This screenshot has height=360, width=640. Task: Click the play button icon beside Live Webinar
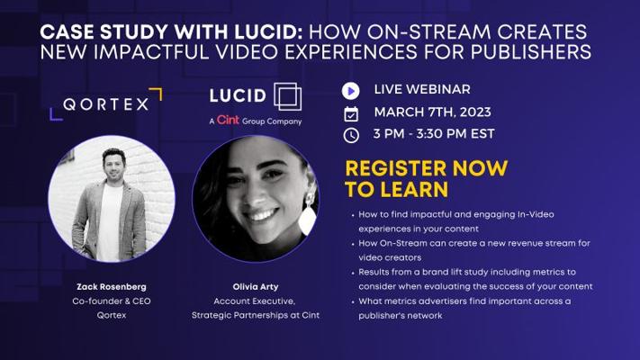pos(351,91)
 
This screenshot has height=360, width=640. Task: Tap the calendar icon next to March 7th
pos(351,114)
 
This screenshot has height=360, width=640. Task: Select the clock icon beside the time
pos(351,135)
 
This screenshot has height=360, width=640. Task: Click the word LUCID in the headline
pos(267,32)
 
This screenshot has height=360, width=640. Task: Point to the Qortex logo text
pos(106,104)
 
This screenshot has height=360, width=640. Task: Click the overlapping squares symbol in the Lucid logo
pos(288,96)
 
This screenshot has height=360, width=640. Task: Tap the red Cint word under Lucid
pos(228,120)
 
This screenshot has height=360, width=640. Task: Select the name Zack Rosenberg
pos(112,286)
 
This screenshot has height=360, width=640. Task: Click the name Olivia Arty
pos(256,287)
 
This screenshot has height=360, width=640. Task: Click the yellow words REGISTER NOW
pos(427,168)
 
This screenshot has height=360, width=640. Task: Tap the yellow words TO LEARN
pos(397,189)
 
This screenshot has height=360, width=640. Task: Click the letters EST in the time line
pos(482,134)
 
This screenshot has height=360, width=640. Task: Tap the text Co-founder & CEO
pos(112,301)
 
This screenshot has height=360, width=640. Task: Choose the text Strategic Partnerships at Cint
pos(256,316)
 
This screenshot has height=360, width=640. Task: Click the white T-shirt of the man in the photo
pos(109,220)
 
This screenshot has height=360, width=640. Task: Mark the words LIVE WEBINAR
pos(422,89)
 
